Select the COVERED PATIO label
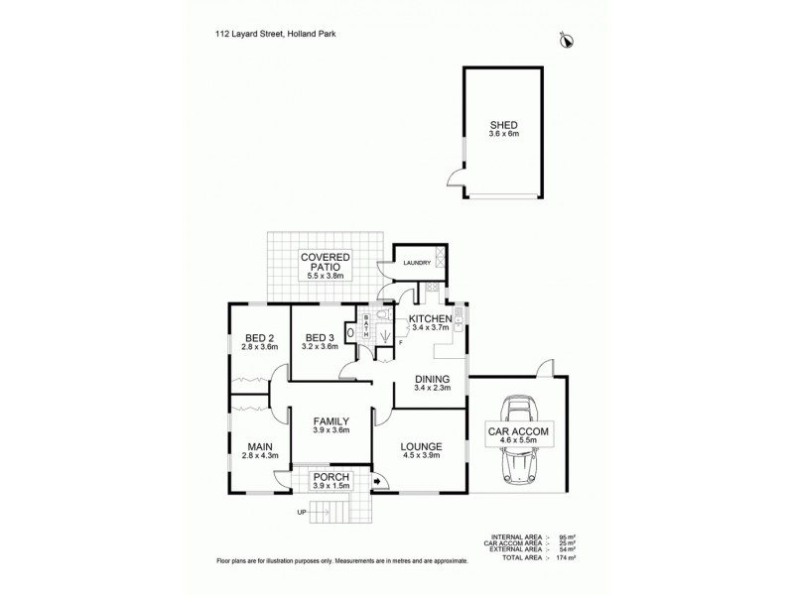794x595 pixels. tap(325, 262)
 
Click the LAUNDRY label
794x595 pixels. tap(416, 263)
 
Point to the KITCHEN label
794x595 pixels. tap(431, 318)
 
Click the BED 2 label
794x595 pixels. tap(260, 336)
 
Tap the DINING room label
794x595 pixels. tap(433, 378)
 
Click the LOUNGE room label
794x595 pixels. tap(421, 447)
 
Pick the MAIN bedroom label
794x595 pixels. tap(260, 446)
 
